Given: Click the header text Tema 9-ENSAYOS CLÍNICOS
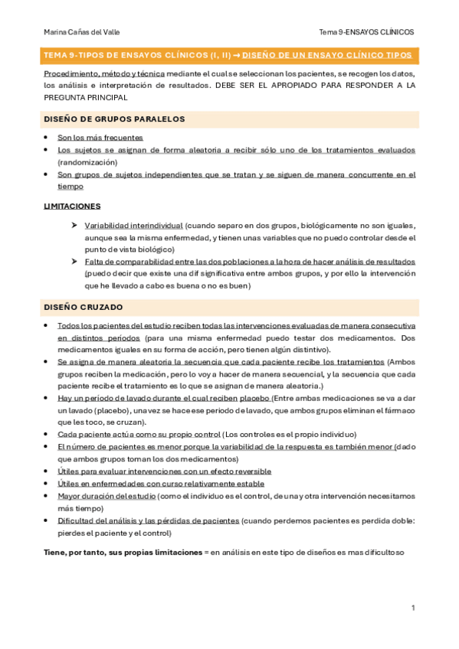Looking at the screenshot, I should tap(366, 31).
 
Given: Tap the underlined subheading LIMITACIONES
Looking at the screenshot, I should tap(72, 207).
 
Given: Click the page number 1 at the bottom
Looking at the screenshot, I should tap(413, 608).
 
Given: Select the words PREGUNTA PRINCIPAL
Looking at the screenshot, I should tap(86, 98).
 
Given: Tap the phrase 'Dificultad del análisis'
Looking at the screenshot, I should tap(103, 520).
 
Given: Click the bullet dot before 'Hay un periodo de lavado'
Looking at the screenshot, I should tap(48, 398).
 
